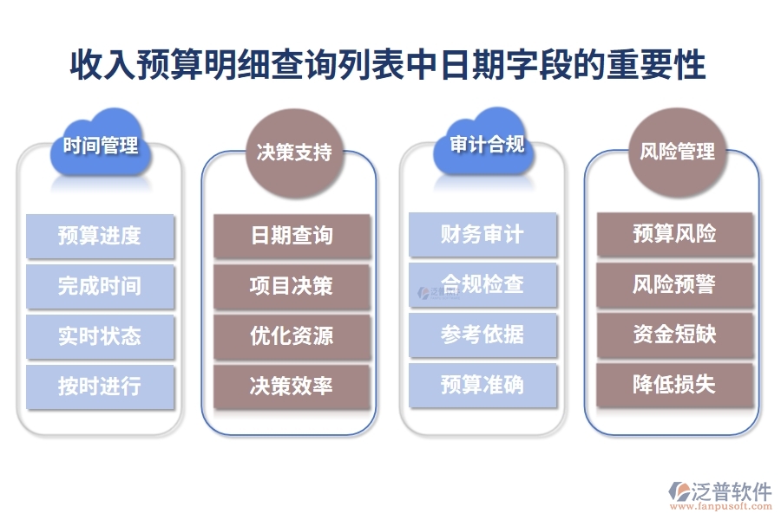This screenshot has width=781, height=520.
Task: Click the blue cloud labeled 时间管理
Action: point(101,146)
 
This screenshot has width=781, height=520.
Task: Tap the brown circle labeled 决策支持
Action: point(294,153)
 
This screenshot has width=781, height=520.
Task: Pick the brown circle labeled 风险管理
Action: point(677,152)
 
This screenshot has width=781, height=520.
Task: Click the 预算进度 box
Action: point(100,236)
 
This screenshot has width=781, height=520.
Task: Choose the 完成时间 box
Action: point(100,286)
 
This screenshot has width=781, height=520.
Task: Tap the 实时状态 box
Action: point(100,336)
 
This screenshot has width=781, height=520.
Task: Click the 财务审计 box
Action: point(482,235)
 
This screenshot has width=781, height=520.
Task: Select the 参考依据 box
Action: point(482,335)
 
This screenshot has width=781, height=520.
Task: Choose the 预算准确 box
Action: point(482,385)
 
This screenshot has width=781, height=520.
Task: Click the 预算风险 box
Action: point(675,234)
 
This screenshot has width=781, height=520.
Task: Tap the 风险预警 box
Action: point(675,284)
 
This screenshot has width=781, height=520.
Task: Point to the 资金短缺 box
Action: point(675,335)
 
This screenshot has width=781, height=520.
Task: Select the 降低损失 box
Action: point(675,385)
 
